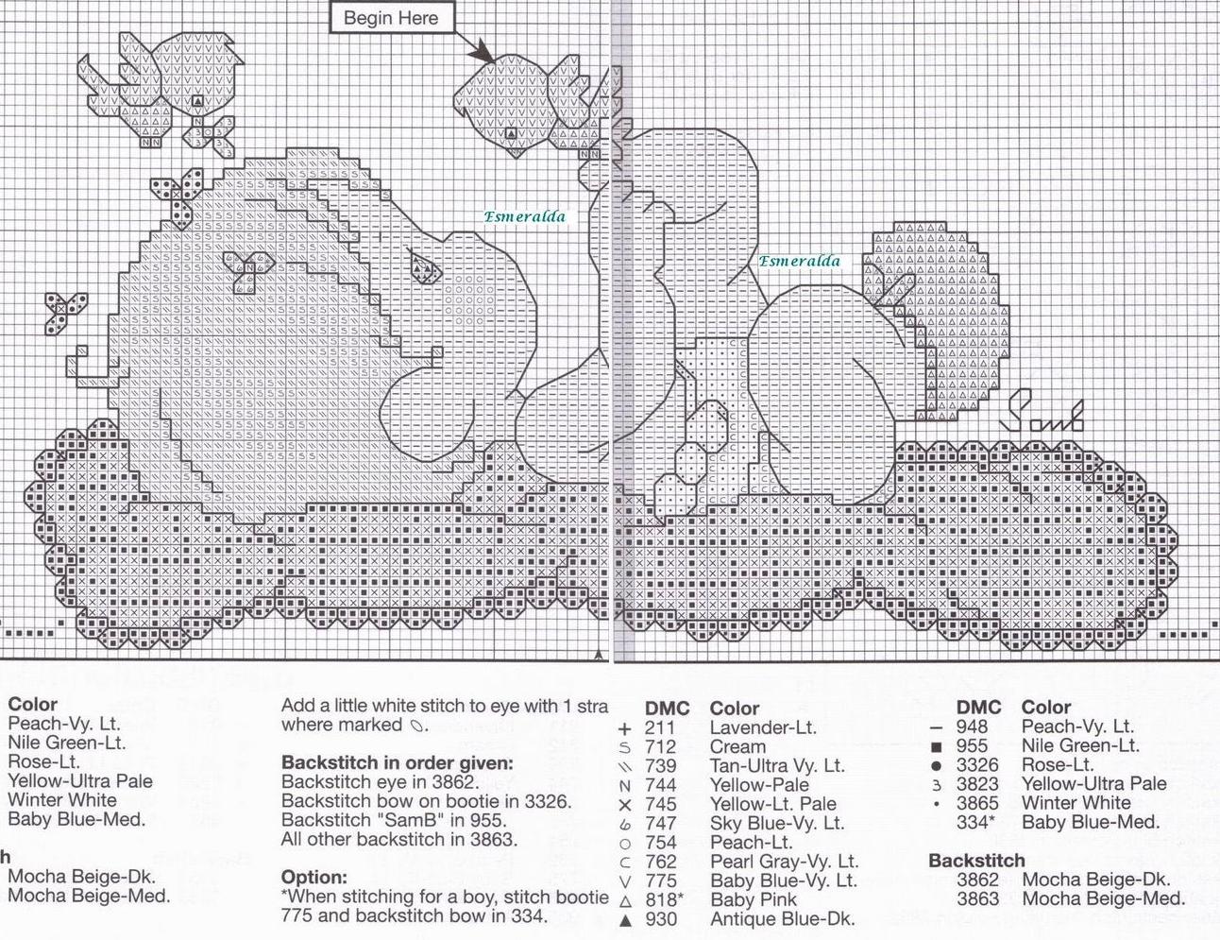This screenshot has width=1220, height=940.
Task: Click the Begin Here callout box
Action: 390,18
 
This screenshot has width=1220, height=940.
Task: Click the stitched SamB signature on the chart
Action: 1043,416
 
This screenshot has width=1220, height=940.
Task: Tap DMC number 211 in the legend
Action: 661,727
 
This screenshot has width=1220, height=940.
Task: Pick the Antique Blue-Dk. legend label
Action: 782,918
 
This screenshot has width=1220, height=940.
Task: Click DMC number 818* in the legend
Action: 665,899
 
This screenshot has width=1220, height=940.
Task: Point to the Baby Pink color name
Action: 754,899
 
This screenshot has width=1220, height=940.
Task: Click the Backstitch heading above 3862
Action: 976,861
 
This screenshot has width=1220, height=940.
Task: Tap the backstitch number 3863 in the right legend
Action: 977,898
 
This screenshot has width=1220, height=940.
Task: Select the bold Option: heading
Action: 314,877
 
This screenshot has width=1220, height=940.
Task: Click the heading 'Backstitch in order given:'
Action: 398,762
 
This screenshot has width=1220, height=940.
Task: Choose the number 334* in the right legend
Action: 975,822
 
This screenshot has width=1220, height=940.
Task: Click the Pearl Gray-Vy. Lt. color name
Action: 784,861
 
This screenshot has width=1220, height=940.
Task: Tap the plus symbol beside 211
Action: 623,728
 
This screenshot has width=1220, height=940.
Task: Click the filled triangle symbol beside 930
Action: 623,919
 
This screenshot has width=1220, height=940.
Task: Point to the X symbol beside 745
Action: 623,805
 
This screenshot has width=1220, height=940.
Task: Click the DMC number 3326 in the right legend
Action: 977,764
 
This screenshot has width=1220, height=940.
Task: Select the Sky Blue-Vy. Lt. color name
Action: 777,823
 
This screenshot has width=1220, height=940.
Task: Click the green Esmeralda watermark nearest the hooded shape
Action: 799,261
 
